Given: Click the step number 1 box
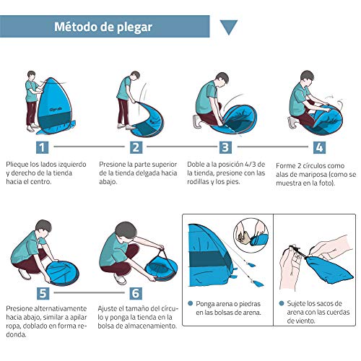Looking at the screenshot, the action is point(42,147).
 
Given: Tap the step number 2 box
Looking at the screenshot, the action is point(136,147).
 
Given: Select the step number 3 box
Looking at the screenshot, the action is point(225,147).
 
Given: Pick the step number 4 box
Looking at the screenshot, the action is point(319,147).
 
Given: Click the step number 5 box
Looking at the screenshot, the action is point(43,293).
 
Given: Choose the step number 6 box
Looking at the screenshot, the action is point(136,293).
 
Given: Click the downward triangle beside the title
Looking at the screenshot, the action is point(229,27).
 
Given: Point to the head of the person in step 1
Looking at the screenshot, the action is point(31,75).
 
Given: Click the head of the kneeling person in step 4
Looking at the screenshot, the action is point(307,78).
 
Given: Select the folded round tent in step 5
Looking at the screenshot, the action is point(62,273).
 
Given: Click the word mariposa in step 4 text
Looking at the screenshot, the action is point(309,175).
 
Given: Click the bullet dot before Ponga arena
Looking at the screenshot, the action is point(190,303).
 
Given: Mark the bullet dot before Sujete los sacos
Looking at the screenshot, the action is point(282,303).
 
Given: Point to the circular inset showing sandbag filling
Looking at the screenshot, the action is point(251,235).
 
